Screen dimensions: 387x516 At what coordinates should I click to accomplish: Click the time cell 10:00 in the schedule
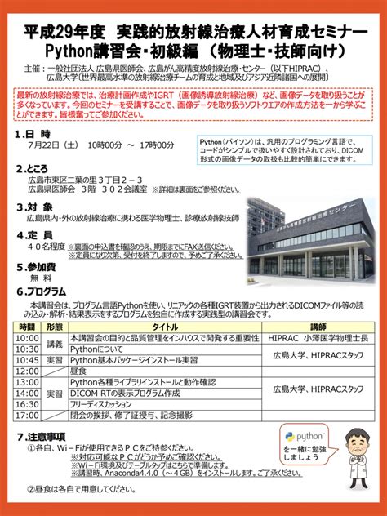tap(26, 338)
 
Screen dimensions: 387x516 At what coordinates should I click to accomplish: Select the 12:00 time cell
tap(26, 370)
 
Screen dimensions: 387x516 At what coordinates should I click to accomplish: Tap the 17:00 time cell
tap(26, 414)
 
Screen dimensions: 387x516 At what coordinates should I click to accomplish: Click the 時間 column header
tap(26, 327)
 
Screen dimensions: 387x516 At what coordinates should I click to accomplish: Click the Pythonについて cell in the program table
tap(98, 349)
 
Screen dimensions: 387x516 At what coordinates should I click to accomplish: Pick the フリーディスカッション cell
tap(105, 403)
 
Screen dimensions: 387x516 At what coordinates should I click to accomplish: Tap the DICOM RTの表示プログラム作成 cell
tap(122, 392)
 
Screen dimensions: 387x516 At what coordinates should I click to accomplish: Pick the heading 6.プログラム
tap(44, 291)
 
